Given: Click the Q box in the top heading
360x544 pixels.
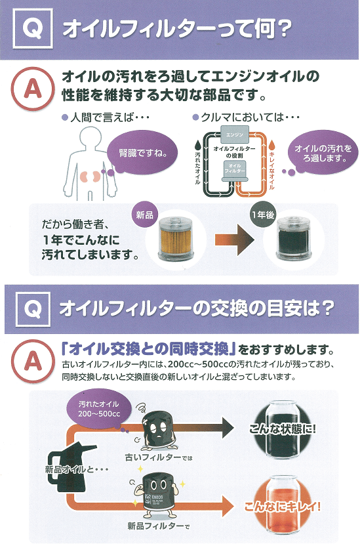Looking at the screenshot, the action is pos(33,28).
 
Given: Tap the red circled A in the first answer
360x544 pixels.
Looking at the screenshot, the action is pos(33,89).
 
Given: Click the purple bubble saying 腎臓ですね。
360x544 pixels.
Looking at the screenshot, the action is pos(142,153).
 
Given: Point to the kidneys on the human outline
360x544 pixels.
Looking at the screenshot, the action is pos(90,177).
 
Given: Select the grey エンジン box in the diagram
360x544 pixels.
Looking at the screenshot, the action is pos(235,134).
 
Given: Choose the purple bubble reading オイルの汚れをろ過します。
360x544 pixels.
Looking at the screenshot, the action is pos(323,154).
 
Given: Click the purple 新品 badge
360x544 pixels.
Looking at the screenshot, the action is pos(144,215).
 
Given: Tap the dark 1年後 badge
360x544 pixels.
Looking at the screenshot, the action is pos(263,215).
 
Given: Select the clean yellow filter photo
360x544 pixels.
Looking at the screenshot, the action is pos(175,239).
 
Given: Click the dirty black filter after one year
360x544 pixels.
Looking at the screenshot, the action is pos(294,239).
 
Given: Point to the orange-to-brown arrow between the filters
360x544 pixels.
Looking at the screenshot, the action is pos(235,240).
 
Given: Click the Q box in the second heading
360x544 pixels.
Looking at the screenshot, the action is pos(33,309).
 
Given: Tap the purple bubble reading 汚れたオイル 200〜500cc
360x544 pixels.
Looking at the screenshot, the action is pos(99,409).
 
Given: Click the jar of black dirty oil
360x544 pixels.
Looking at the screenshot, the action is pos(282,430).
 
